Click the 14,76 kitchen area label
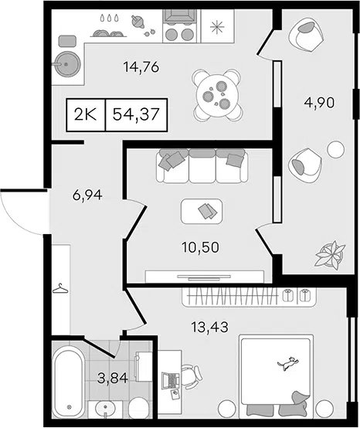(x=141, y=67)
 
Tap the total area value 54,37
(x=136, y=114)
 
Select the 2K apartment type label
(x=86, y=114)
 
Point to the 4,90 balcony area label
(x=319, y=103)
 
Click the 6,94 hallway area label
(x=87, y=195)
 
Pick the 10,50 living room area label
(x=201, y=247)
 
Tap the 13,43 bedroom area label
(x=209, y=327)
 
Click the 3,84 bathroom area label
(x=113, y=379)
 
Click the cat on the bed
(x=288, y=364)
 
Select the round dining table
(x=217, y=95)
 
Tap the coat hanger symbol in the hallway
(x=60, y=288)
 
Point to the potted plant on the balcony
(x=330, y=254)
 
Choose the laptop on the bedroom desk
(x=170, y=380)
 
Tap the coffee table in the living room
(x=202, y=211)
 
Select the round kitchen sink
(x=67, y=64)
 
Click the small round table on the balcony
(x=336, y=149)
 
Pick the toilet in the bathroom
(x=139, y=408)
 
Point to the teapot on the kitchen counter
(x=138, y=22)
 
